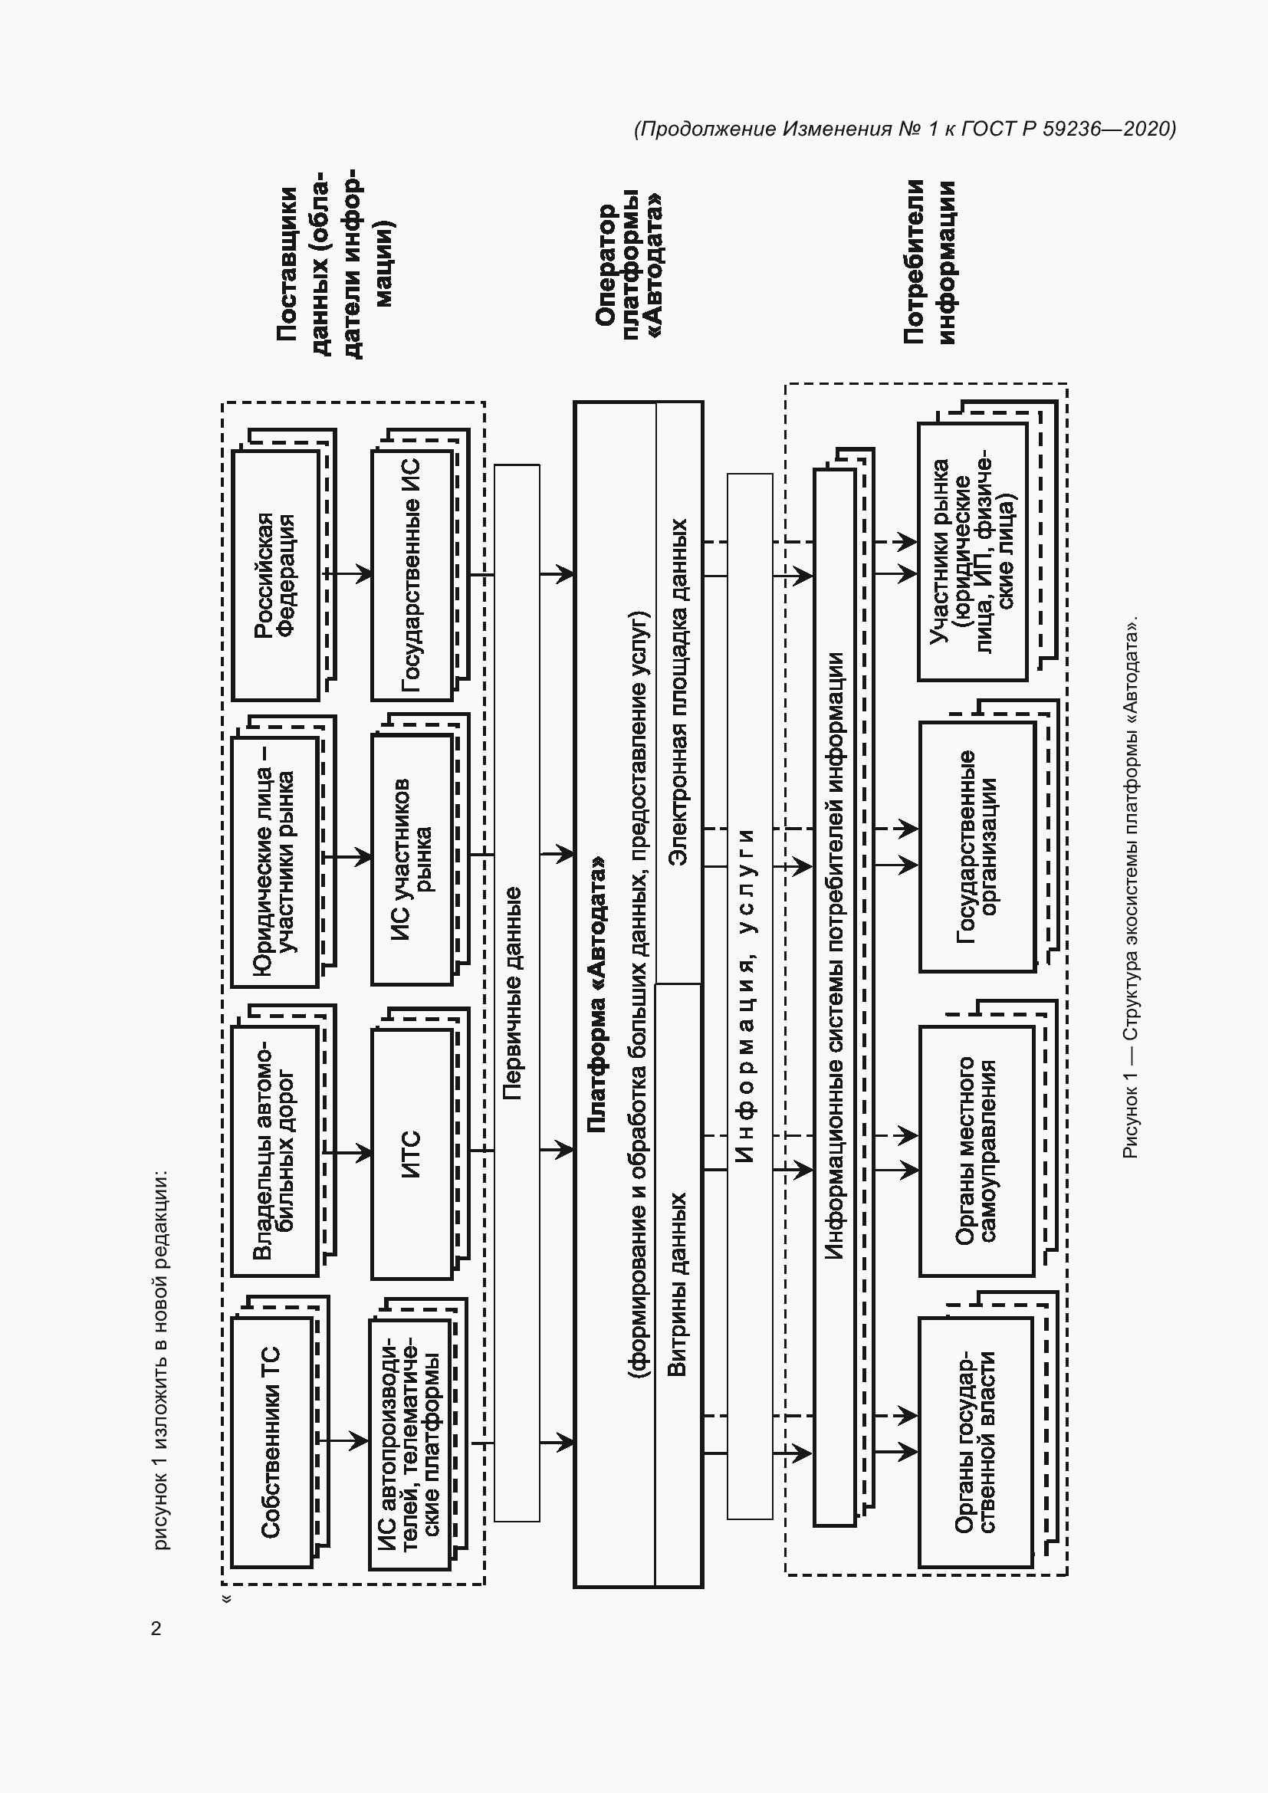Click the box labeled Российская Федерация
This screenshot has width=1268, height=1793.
pos(275,575)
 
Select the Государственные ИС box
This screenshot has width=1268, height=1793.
pos(412,575)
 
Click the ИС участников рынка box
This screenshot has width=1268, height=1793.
pos(412,859)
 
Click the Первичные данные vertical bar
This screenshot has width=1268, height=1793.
pos(516,993)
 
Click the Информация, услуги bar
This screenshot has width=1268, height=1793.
pos(749,996)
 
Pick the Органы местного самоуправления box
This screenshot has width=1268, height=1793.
pos(976,1151)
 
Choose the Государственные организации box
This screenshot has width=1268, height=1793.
pos(977,846)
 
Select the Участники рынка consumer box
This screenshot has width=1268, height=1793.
pos(971,551)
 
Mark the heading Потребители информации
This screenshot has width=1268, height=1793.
pos(929,261)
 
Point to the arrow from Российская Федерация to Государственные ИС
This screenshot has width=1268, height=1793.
pos(348,574)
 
